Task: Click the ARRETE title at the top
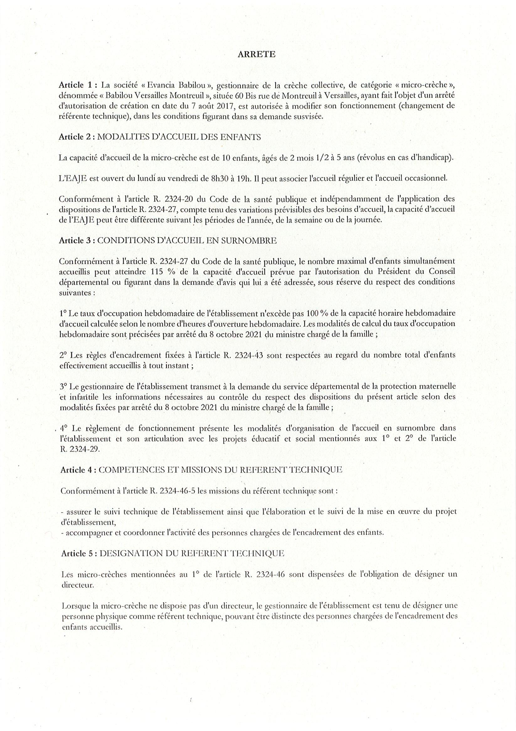point(256,55)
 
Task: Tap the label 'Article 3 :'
point(76,241)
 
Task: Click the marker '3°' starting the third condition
point(64,387)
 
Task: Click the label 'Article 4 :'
point(78,470)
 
